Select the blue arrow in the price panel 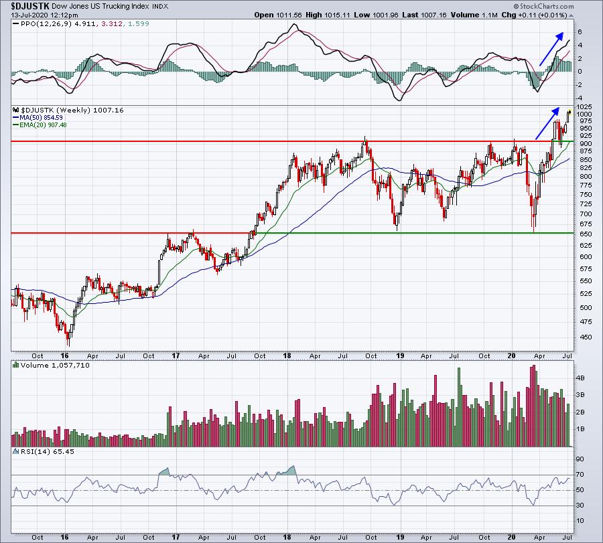point(547,123)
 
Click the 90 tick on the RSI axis point(580,459)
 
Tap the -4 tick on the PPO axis point(580,98)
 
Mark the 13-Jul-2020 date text point(31,15)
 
